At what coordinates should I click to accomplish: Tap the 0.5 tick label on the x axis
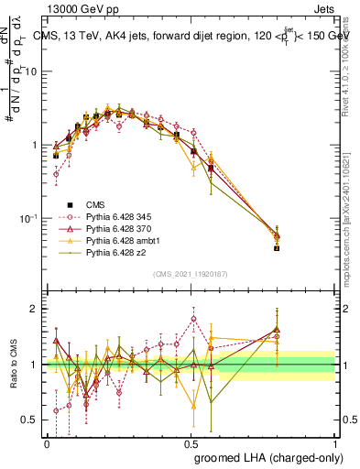pyautogui.click(x=191, y=442)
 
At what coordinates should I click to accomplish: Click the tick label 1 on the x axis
pyautogui.click(x=334, y=442)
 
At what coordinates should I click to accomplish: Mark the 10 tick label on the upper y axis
pyautogui.click(x=33, y=71)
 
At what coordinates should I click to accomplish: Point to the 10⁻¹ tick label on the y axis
pyautogui.click(x=30, y=218)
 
